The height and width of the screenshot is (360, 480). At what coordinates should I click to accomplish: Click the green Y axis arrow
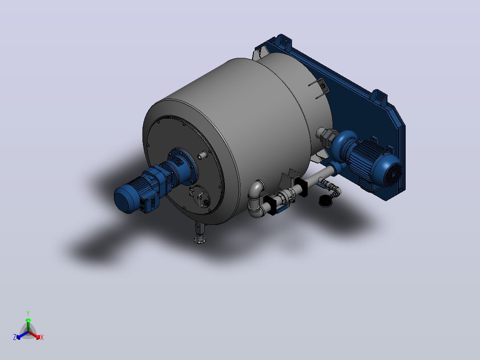coord(28,323)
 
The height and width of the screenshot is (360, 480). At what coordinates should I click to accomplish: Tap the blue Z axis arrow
coord(21,335)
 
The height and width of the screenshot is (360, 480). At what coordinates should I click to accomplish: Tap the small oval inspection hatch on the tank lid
coord(200,196)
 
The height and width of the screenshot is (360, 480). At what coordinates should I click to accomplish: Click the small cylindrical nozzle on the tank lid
coord(202,155)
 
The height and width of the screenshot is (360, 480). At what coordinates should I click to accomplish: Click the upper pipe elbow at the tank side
coord(256,188)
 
